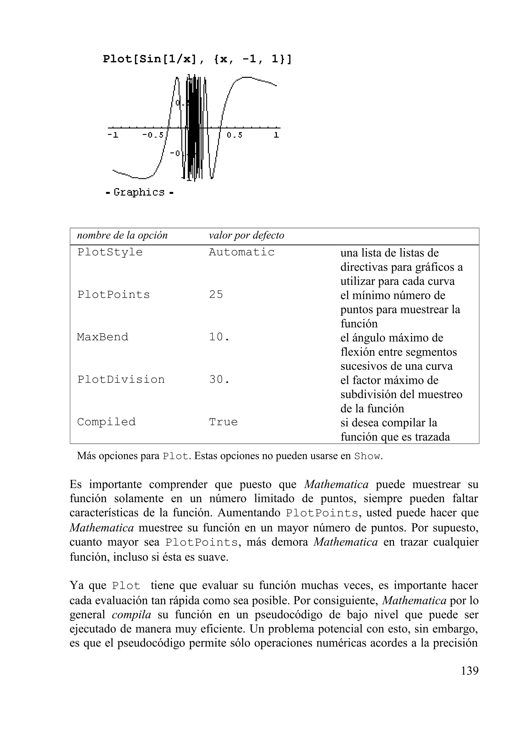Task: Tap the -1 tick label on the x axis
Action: [113, 135]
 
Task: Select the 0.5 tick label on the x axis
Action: [235, 135]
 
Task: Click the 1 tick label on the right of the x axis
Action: [276, 135]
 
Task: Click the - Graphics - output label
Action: [140, 192]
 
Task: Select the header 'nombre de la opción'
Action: [122, 235]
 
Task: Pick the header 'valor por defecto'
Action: [246, 235]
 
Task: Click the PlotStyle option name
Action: [110, 252]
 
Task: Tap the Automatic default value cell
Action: [242, 252]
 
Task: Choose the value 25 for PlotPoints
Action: [216, 295]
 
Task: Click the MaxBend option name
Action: [103, 337]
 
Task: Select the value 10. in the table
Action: [219, 337]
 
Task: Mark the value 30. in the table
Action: [219, 379]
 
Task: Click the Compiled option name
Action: [106, 422]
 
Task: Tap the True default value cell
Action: [223, 422]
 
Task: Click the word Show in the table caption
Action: [367, 457]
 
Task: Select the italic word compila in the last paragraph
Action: [132, 615]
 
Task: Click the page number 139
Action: [469, 671]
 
